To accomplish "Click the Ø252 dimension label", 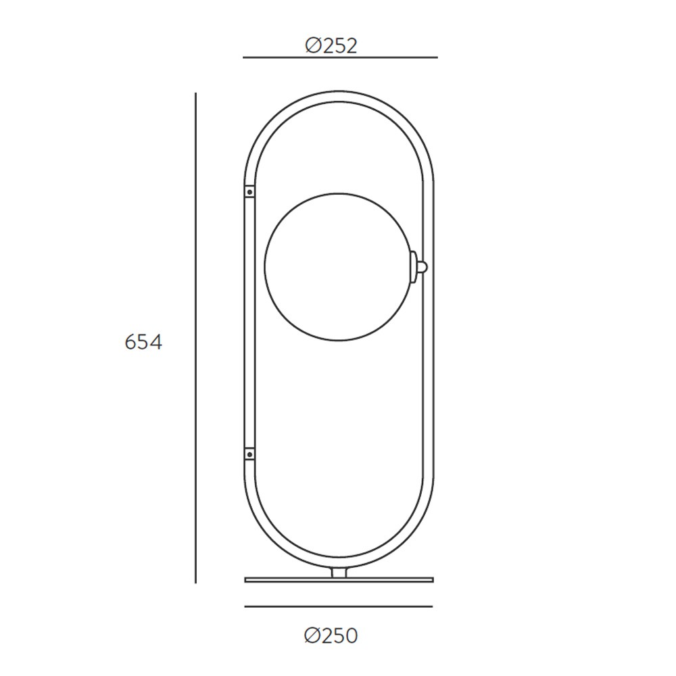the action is (x=331, y=46).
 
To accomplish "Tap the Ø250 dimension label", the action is (x=331, y=636).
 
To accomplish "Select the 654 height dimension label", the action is (x=143, y=342).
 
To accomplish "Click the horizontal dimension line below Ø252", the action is (x=340, y=57).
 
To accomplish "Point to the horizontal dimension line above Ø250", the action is (x=339, y=606).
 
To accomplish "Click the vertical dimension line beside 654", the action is (x=195, y=338).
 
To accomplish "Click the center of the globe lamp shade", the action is (x=337, y=266).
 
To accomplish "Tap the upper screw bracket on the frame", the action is (x=249, y=191).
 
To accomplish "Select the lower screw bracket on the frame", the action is (x=249, y=454).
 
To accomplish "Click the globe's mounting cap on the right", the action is (x=414, y=266).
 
